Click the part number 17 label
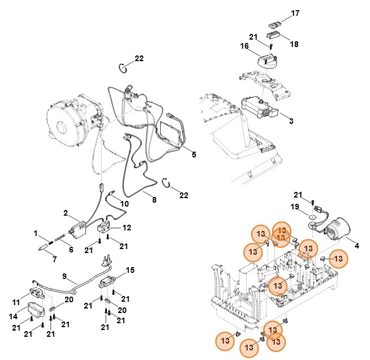coord(295,14)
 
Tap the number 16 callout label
coord(244,46)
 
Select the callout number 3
coord(290,121)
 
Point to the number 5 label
coord(193,154)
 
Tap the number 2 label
coord(66,213)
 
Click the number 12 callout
coord(127,228)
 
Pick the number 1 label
coord(35,233)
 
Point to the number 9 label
coord(64,277)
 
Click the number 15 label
coord(130,270)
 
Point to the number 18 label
coord(295,44)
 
